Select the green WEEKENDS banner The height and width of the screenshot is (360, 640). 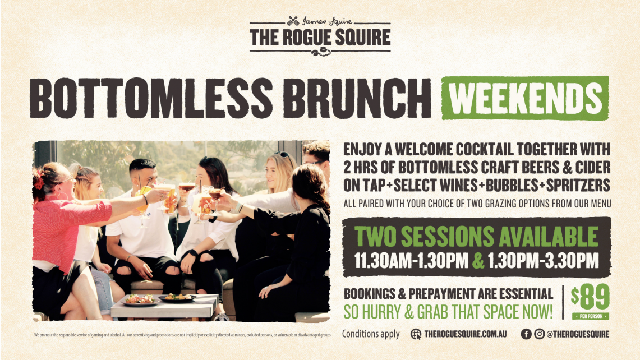coord(525,98)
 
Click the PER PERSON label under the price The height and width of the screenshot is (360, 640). coord(590,316)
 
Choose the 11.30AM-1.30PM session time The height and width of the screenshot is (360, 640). coord(411,261)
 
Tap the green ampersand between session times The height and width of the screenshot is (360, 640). coord(478,261)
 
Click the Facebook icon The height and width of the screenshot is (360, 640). coord(526,334)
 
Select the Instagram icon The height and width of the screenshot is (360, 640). coord(539,334)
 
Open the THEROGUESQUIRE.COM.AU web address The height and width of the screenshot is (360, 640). coord(465,334)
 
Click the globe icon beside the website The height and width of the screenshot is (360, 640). coord(416,334)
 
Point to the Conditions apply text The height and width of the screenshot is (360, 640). coord(371,334)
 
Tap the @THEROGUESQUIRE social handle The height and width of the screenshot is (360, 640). coord(578,334)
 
